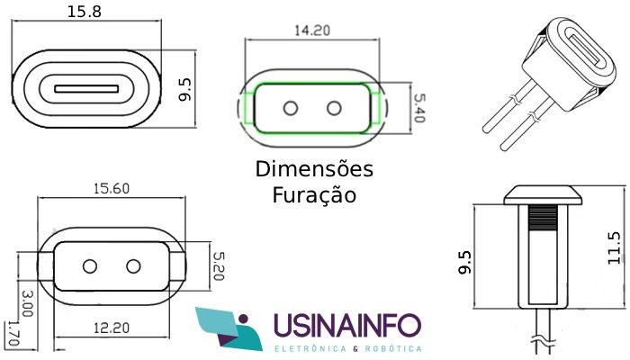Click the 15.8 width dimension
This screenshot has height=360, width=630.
click(84, 11)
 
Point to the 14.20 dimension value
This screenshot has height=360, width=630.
click(312, 31)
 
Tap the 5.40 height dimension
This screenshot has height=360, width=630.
click(418, 108)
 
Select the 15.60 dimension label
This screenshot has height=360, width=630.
click(112, 188)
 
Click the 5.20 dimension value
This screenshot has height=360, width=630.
click(218, 266)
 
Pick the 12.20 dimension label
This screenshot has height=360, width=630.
click(112, 328)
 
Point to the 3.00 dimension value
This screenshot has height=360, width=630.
click(27, 304)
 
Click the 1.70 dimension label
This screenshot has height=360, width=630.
click(13, 333)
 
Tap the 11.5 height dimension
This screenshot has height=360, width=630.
click(615, 247)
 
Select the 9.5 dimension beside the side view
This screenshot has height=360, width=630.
click(465, 263)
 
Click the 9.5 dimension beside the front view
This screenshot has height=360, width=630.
click(185, 90)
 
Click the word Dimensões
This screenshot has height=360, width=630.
click(314, 169)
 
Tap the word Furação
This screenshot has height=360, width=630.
click(314, 195)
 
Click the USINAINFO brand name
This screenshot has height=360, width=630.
click(347, 325)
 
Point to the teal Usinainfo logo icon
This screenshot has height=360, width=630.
click(229, 328)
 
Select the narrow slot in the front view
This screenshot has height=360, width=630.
click(86, 88)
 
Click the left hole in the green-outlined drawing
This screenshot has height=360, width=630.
click(291, 108)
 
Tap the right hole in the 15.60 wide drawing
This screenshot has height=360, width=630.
click(133, 266)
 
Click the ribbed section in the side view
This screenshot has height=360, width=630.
click(543, 217)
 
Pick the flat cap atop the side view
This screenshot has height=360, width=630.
click(543, 195)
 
